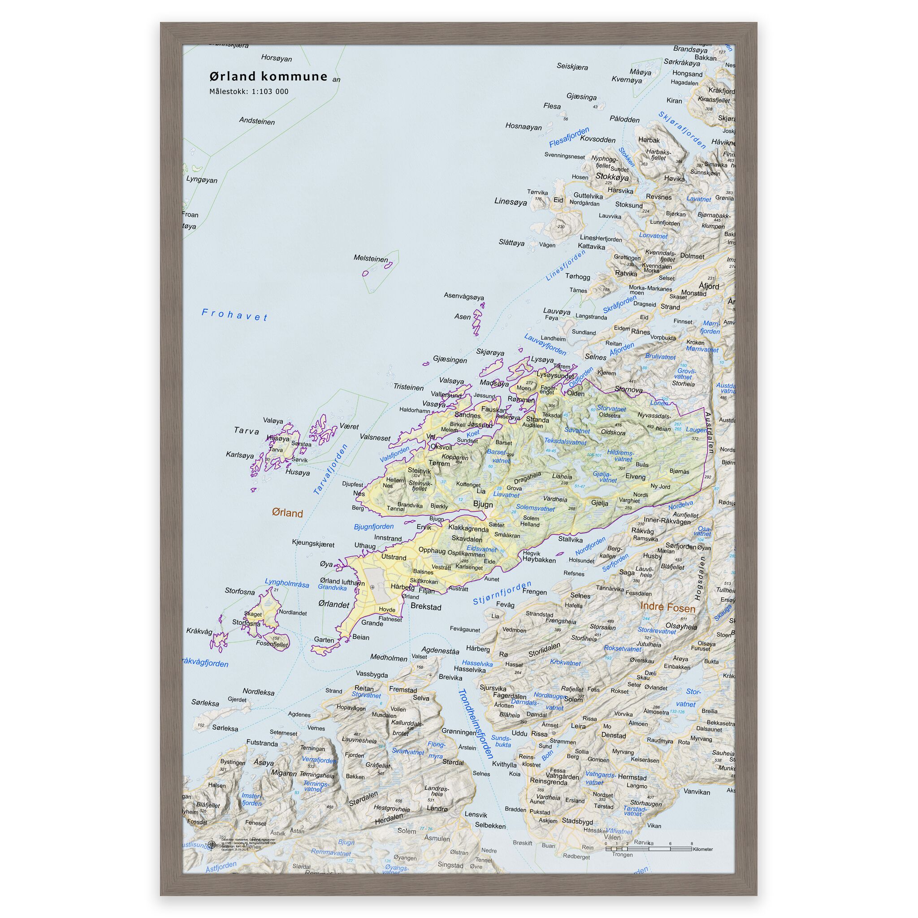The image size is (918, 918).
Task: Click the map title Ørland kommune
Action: (268, 77)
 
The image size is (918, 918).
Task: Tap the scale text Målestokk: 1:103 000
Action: (248, 92)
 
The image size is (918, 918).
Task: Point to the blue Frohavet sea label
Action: (234, 315)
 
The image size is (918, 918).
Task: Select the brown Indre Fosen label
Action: (667, 607)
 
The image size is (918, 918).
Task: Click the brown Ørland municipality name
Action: (287, 513)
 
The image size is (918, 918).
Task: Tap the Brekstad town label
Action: (426, 607)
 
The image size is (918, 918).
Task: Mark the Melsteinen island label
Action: (371, 259)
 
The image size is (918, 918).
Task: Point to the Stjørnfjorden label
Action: (502, 593)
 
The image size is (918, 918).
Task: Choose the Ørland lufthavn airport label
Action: (342, 581)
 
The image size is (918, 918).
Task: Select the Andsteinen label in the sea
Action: (256, 121)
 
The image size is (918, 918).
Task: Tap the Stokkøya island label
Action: (612, 177)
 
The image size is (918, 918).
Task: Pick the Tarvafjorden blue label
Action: (331, 469)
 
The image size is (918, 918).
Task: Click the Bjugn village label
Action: (483, 504)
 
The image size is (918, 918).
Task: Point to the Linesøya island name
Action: (510, 201)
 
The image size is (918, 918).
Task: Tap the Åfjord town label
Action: (709, 286)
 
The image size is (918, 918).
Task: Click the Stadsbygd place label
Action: (577, 821)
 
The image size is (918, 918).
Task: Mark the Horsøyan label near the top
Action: (276, 58)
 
